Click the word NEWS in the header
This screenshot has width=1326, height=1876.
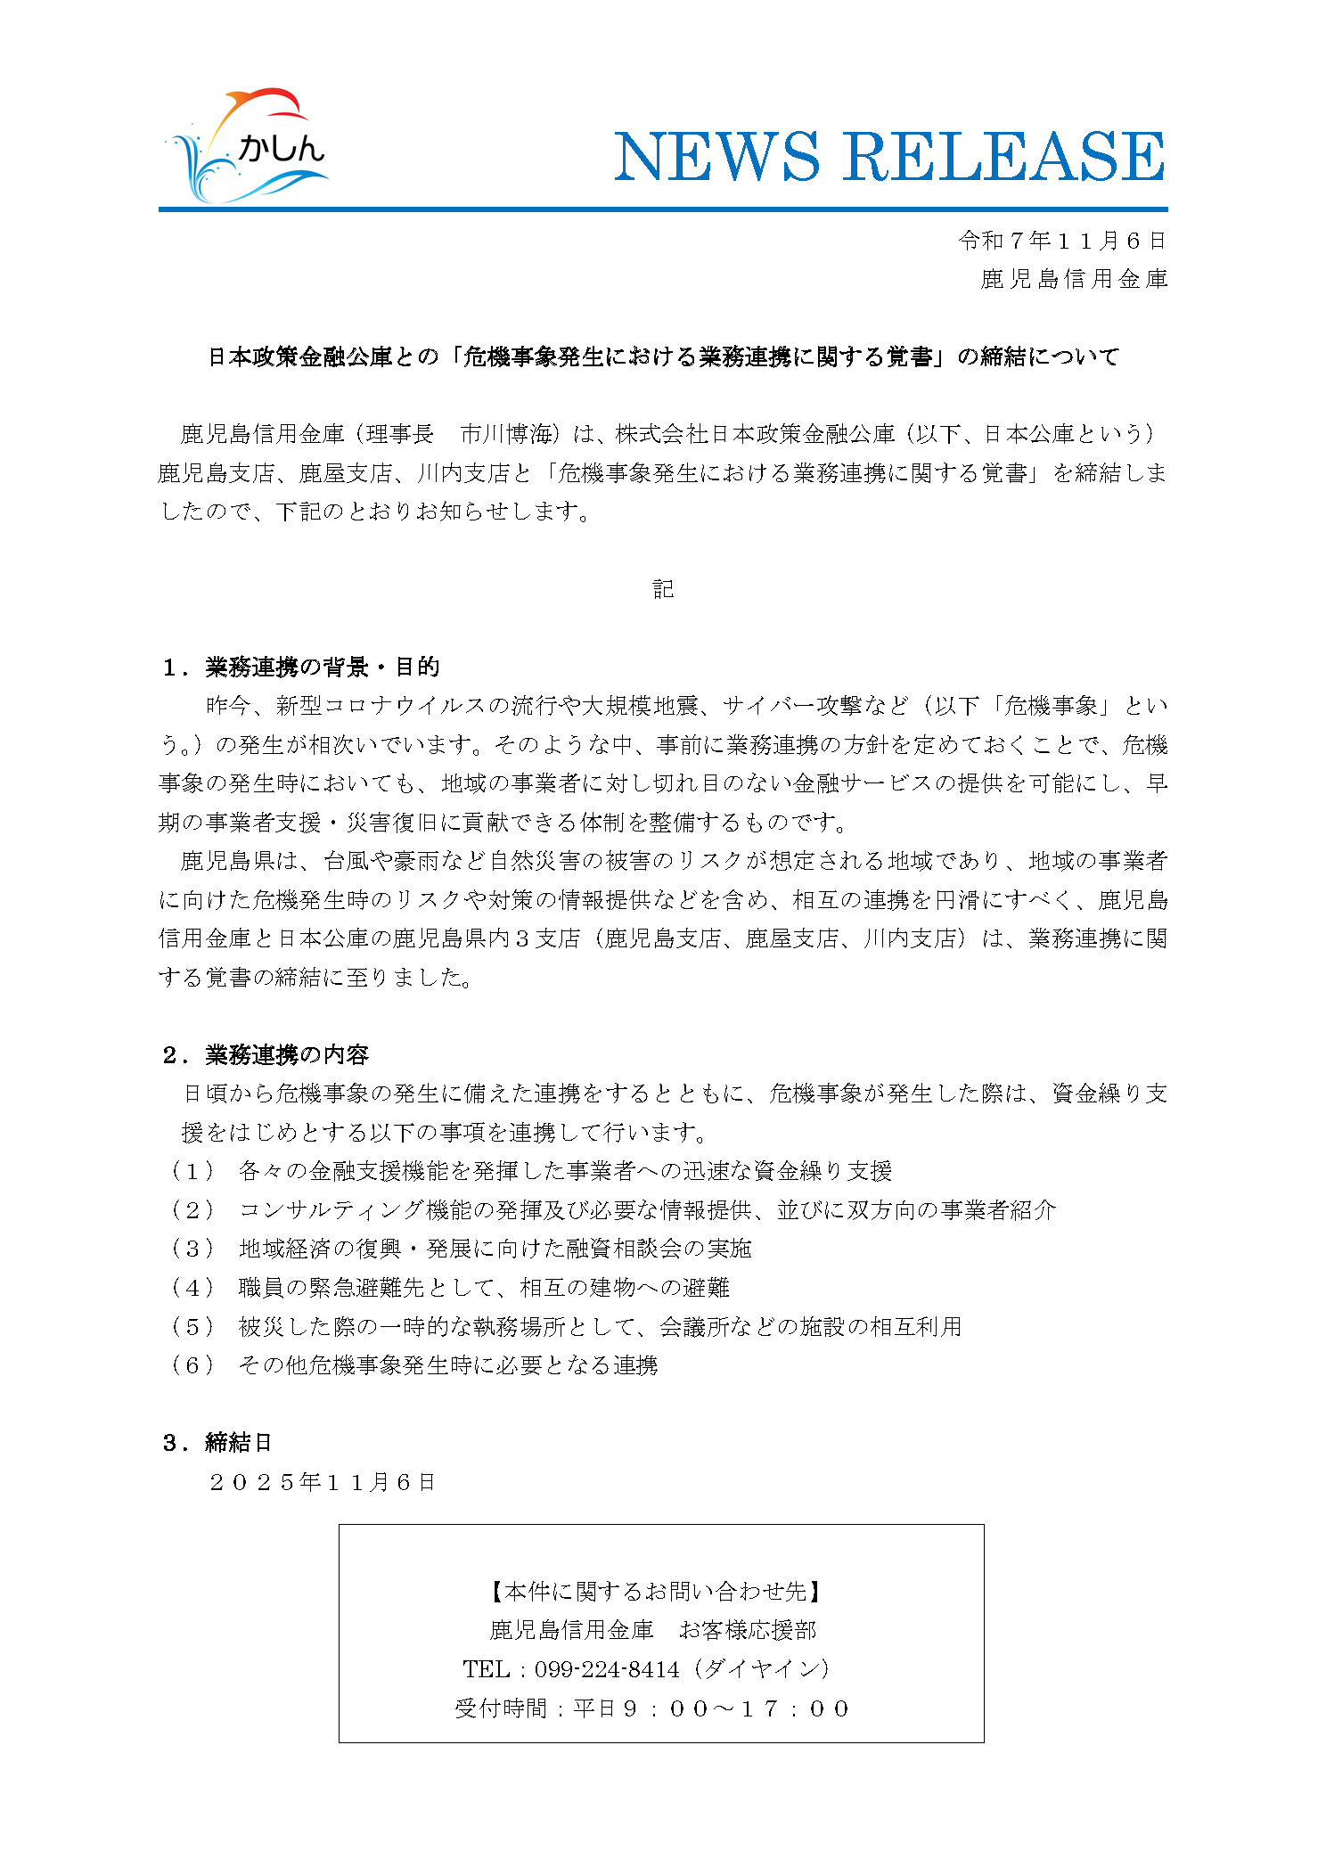[x=716, y=157]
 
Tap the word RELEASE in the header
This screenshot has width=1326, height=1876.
[x=1004, y=157]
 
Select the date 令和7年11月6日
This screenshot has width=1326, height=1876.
[x=1061, y=241]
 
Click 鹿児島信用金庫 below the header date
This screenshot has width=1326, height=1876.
[x=1073, y=279]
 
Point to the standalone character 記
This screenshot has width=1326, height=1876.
[x=663, y=589]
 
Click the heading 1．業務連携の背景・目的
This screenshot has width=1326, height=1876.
[x=300, y=668]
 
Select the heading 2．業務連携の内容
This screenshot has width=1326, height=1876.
[x=265, y=1055]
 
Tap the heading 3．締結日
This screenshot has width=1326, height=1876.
[x=217, y=1443]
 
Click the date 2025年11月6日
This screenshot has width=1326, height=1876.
[x=322, y=1482]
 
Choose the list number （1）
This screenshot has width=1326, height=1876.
[x=192, y=1171]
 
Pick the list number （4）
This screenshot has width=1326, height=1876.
[x=192, y=1288]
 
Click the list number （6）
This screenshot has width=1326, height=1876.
[x=192, y=1365]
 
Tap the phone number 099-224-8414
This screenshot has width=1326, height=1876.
[x=607, y=1669]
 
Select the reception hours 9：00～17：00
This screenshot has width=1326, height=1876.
[x=734, y=1708]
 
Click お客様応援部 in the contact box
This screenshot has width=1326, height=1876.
[x=747, y=1630]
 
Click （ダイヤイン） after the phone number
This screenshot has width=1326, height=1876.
[x=760, y=1669]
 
